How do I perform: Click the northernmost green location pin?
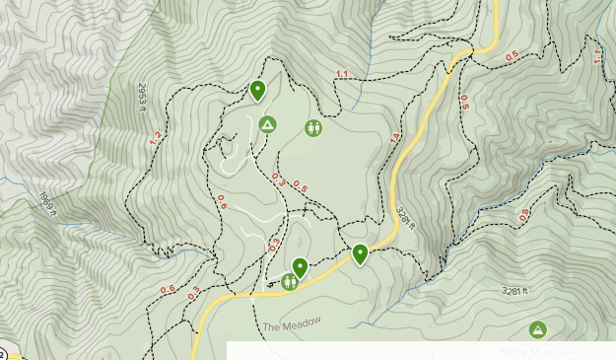click(x=258, y=91)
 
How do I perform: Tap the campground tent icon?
click(x=266, y=124)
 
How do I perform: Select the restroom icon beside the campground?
click(x=313, y=127)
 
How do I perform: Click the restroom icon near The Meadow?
click(x=290, y=282)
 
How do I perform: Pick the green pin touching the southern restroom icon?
click(x=300, y=266)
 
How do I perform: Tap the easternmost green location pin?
click(x=361, y=253)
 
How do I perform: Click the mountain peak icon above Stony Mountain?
click(x=538, y=329)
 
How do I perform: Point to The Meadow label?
click(x=292, y=327)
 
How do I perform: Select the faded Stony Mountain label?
click(x=538, y=351)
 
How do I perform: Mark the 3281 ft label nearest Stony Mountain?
click(x=515, y=291)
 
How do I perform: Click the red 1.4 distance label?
click(x=395, y=139)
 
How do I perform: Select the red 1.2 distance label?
click(x=155, y=139)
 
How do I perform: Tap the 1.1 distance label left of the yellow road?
click(x=342, y=75)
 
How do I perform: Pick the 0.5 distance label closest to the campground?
click(x=301, y=185)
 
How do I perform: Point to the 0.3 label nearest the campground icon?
click(x=277, y=178)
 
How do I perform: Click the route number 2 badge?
click(x=3, y=353)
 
